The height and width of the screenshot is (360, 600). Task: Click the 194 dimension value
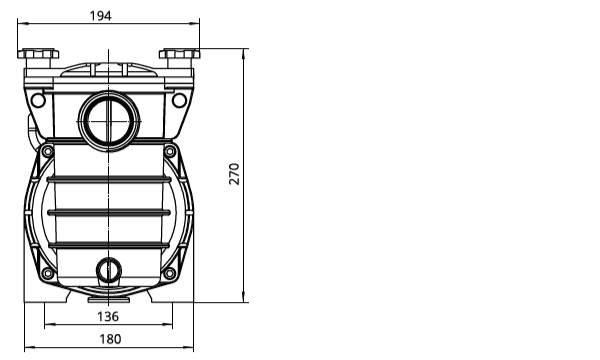click(101, 16)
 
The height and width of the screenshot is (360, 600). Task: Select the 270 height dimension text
click(234, 174)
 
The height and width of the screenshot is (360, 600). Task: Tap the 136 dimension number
click(108, 316)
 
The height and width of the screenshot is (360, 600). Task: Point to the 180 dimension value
click(110, 339)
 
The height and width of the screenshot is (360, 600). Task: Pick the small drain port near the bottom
click(109, 270)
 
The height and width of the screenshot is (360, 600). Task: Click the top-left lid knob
click(38, 54)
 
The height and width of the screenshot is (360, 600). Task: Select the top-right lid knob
click(179, 54)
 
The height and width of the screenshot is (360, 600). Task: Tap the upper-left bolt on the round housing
click(47, 151)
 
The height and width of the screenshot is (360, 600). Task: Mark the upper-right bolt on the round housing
click(170, 151)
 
